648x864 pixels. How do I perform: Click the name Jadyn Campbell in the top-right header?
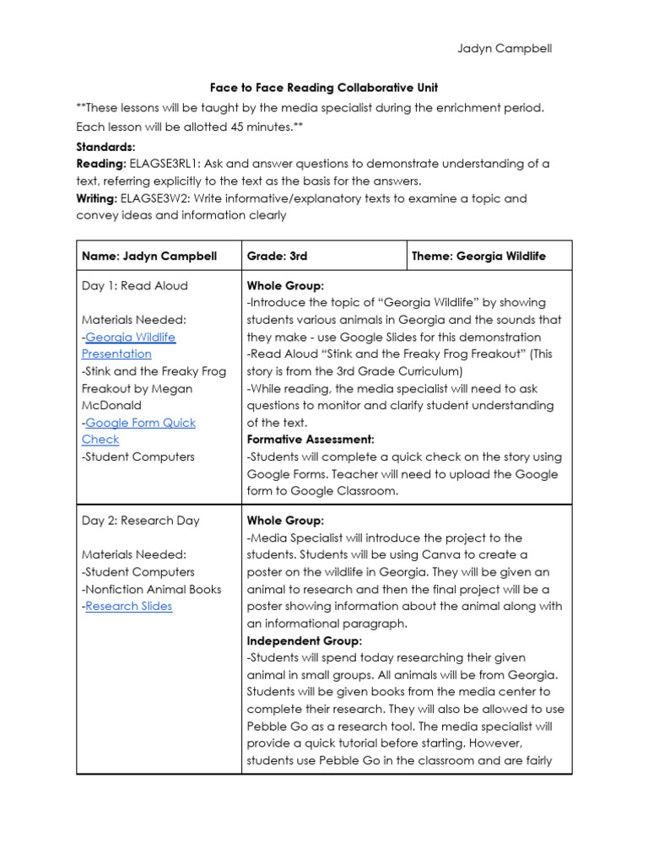[x=505, y=48]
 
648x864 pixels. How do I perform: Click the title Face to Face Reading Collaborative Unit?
[x=323, y=88]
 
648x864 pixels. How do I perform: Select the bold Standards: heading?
[x=105, y=146]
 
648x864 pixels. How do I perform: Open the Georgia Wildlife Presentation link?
[x=129, y=345]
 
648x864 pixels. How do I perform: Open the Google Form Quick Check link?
[x=139, y=422]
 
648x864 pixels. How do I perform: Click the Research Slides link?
[x=128, y=606]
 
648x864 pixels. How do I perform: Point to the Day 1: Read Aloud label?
[x=134, y=285]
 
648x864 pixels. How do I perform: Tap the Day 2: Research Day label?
[x=140, y=521]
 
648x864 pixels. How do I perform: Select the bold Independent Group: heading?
[x=304, y=640]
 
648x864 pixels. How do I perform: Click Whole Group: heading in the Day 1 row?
[x=285, y=285]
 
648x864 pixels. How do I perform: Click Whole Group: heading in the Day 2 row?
[x=285, y=521]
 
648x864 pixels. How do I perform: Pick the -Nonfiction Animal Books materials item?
[x=152, y=589]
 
